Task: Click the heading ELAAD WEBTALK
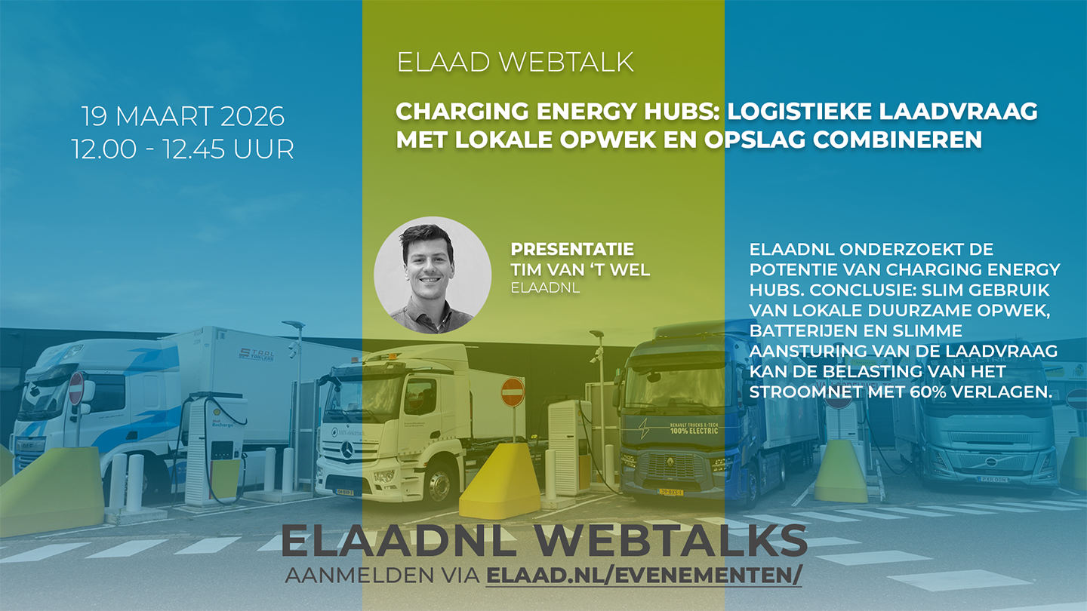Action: point(515,62)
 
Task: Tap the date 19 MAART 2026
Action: point(183,116)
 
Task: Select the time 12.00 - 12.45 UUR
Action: point(183,149)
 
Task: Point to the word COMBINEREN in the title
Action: point(898,140)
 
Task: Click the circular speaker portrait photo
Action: point(433,275)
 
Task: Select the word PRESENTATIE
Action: point(572,249)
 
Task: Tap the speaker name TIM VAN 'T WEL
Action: point(580,269)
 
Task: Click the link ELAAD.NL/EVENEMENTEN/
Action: point(644,575)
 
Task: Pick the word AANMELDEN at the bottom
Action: point(359,575)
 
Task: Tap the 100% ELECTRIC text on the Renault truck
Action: point(694,428)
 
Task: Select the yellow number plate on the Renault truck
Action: point(670,492)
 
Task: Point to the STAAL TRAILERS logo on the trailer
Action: point(256,355)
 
